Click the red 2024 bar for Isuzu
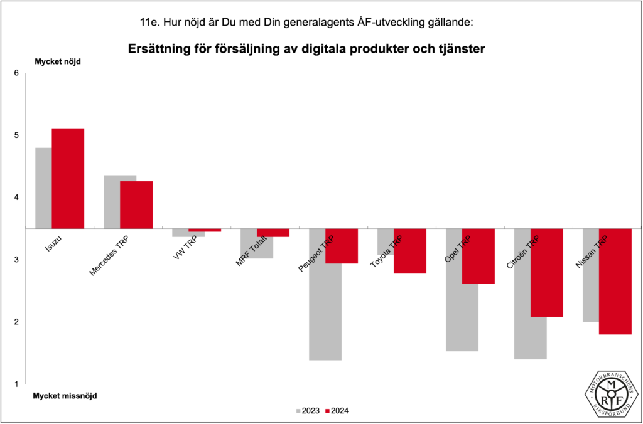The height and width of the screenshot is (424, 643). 68,178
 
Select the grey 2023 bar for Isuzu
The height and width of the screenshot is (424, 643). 43,188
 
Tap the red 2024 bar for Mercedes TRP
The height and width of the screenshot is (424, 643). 136,204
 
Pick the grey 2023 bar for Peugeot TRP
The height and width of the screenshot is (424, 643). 325,314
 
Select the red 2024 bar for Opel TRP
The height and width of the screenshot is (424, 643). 478,256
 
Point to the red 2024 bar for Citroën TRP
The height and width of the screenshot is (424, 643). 546,273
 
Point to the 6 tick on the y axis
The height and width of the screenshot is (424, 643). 17,73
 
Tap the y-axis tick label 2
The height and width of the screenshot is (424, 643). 17,322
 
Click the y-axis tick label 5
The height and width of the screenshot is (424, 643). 17,135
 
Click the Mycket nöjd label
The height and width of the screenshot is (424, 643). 58,61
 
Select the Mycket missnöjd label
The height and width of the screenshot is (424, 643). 65,396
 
